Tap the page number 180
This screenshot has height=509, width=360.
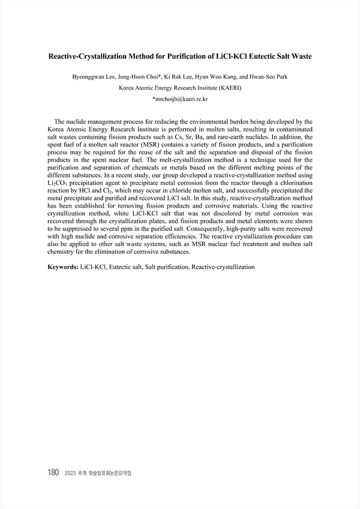(53, 473)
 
